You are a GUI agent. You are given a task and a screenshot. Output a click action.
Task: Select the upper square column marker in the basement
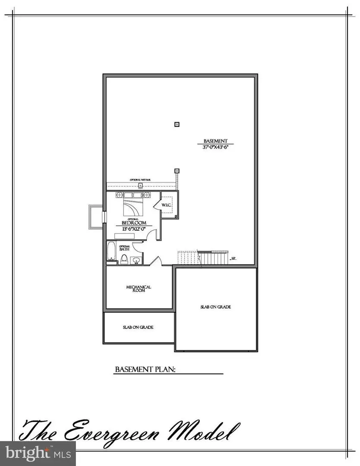coord(177,125)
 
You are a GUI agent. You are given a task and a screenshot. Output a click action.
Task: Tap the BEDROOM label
coord(131,223)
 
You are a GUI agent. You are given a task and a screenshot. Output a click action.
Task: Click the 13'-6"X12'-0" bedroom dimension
coord(131,229)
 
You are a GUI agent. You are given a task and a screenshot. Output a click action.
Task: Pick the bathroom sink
coord(136,260)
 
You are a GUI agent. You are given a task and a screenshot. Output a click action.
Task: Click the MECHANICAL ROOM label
coord(139,289)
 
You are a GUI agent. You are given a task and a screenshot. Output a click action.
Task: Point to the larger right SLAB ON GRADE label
coord(215,307)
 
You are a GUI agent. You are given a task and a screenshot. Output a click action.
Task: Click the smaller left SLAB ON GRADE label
coord(138,327)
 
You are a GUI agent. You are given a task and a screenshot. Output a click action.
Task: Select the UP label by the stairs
coord(234,259)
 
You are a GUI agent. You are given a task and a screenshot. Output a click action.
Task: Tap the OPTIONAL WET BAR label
coord(140,179)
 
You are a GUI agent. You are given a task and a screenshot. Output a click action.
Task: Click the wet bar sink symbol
coord(140,186)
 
